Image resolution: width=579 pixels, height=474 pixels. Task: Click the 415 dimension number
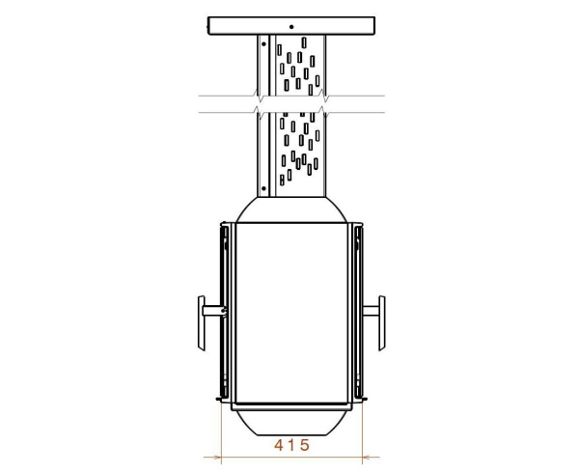(291, 445)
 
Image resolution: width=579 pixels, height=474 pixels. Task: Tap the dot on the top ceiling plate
(291, 27)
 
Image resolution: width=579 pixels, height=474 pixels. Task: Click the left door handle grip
(202, 322)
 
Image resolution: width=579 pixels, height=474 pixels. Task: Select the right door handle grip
(382, 322)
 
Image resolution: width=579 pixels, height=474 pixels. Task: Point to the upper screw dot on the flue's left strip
(263, 44)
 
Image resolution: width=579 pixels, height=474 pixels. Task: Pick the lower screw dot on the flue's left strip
(263, 188)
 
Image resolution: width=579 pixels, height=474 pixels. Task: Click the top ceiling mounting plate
(291, 26)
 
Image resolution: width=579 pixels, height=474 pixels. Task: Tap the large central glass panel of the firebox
(291, 313)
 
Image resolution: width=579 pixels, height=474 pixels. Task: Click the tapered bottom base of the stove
(291, 423)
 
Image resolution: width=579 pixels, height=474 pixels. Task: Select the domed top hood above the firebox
(291, 209)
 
